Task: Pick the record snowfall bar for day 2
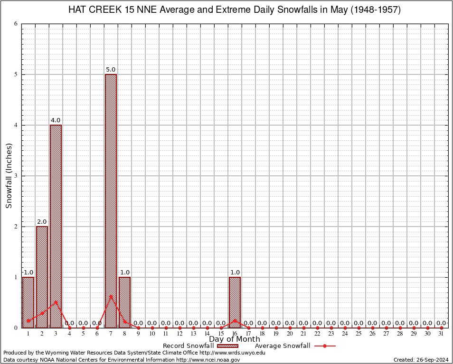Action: (x=42, y=277)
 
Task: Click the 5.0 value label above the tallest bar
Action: (x=111, y=70)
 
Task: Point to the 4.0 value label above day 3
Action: (x=56, y=120)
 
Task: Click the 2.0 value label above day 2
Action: (x=42, y=222)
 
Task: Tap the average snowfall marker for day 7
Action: (x=111, y=296)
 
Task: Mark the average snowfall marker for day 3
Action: (x=56, y=301)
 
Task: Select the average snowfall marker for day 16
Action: (x=235, y=320)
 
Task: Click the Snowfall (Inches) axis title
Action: (x=9, y=176)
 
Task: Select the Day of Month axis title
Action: (x=235, y=339)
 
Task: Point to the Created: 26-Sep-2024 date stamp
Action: (x=421, y=360)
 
